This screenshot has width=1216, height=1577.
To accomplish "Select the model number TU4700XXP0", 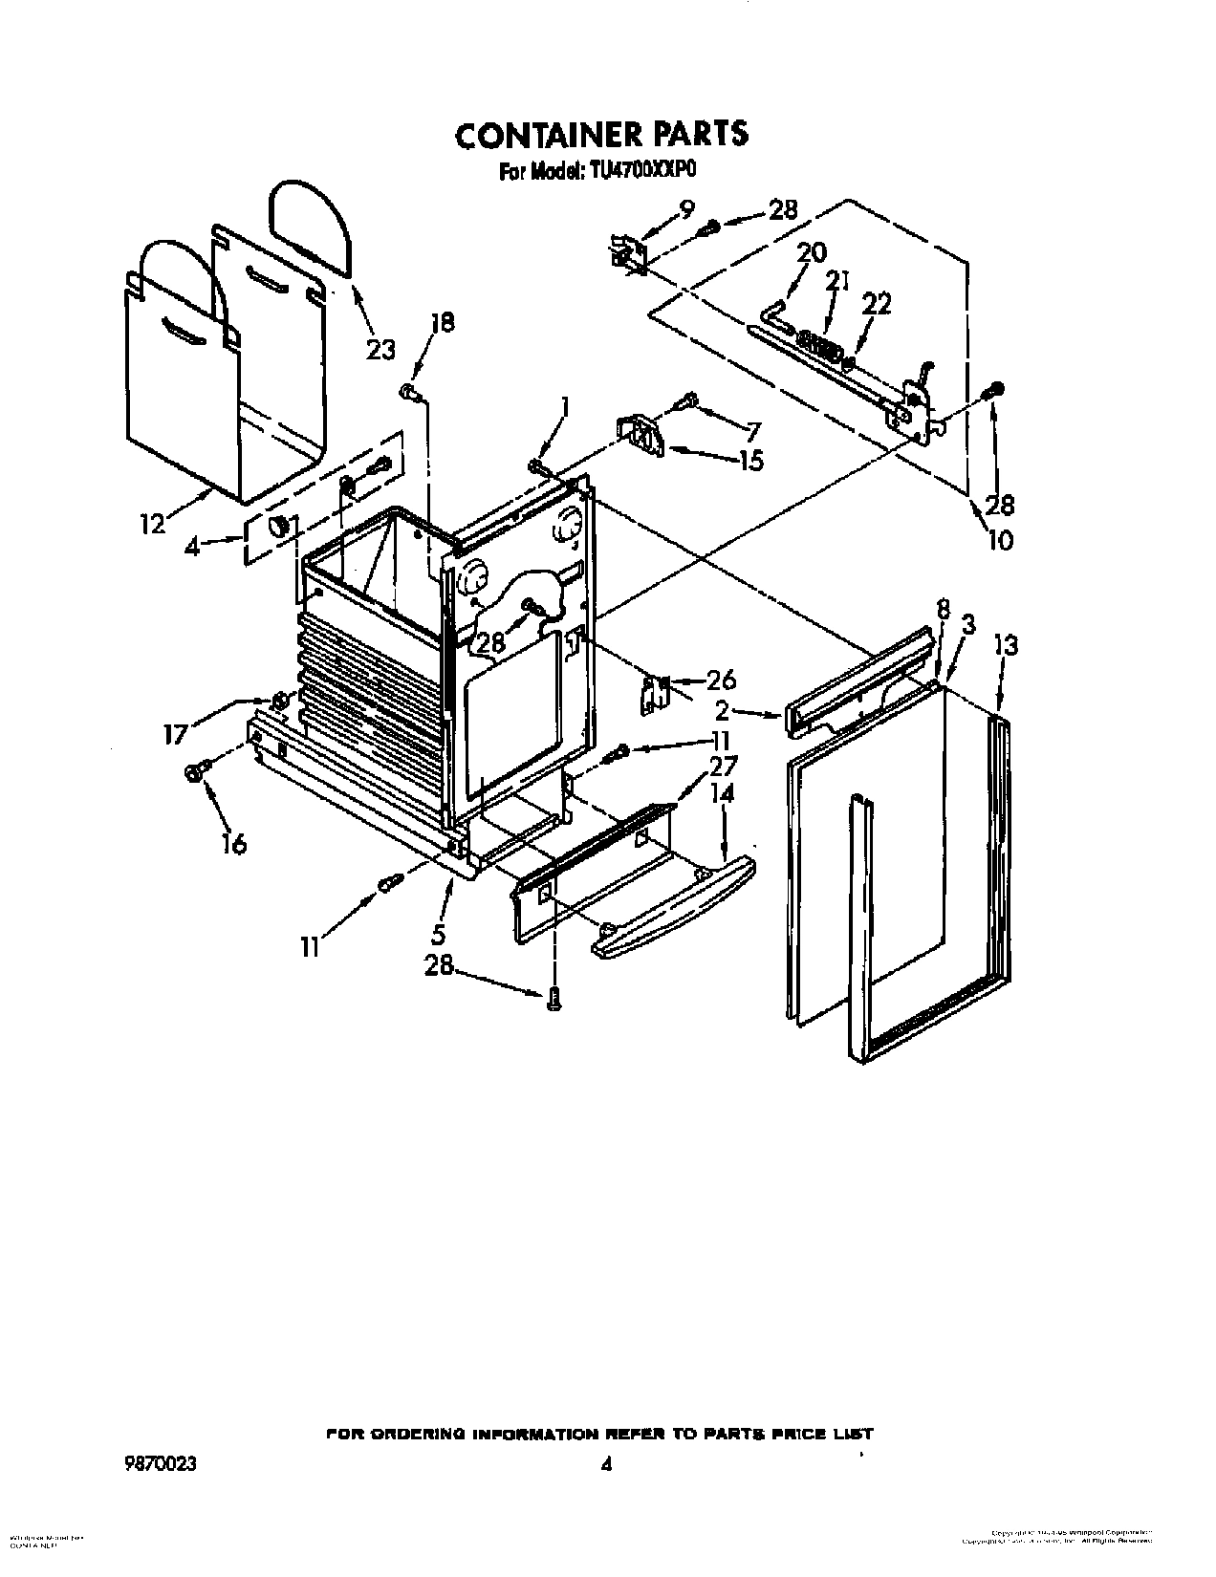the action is [x=641, y=175].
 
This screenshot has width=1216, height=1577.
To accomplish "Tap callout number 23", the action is [x=380, y=350].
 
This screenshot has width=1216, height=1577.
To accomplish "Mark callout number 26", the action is [x=721, y=680].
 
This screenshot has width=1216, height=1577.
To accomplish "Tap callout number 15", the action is [x=750, y=461].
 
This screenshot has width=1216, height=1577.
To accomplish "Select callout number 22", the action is [x=877, y=303].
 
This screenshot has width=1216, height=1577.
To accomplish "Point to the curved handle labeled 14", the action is [x=669, y=898].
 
